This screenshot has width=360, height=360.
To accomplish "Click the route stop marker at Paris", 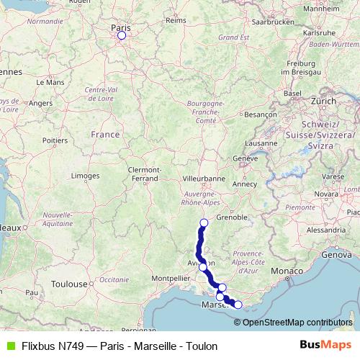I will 121,35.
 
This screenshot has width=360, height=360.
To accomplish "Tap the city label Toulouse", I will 69,284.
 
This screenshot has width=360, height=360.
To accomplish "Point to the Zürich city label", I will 323,102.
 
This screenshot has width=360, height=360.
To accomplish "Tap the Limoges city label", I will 85,176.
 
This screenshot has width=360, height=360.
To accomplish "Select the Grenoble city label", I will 232,216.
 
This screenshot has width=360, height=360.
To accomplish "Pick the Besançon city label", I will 261,114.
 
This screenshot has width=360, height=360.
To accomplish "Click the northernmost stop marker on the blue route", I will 204,222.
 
